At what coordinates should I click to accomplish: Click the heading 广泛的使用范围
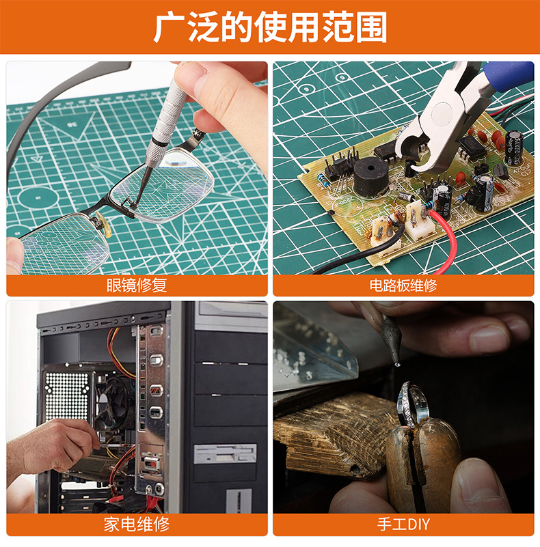pyautogui.click(x=270, y=27)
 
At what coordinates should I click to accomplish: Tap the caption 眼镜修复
pyautogui.click(x=137, y=285)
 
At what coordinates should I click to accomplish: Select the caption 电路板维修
pyautogui.click(x=403, y=285)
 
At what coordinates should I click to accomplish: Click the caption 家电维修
pyautogui.click(x=137, y=524)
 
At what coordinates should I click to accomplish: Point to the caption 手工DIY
pyautogui.click(x=403, y=524)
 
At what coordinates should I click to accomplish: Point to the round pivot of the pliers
pyautogui.click(x=442, y=114)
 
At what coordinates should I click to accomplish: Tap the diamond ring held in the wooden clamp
pyautogui.click(x=412, y=405)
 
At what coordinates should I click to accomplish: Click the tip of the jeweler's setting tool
pyautogui.click(x=398, y=364)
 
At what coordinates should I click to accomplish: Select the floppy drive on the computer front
pyautogui.click(x=226, y=454)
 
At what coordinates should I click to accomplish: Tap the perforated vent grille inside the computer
pyautogui.click(x=67, y=396)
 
